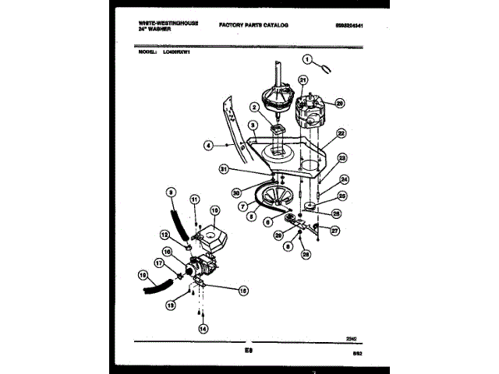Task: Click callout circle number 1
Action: [307, 59]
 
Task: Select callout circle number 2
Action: [255, 108]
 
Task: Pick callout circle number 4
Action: [209, 145]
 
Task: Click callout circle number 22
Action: [341, 133]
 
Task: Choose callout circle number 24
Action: [345, 179]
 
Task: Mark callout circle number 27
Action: [334, 231]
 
